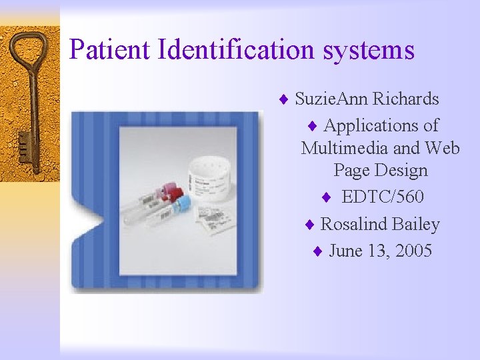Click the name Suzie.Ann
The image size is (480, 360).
[x=331, y=99]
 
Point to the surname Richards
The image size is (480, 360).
[x=405, y=99]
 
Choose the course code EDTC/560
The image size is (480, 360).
[x=383, y=197]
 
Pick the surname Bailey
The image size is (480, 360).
[x=413, y=224]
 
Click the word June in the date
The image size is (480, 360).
[x=345, y=251]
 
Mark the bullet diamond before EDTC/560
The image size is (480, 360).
[x=326, y=198]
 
